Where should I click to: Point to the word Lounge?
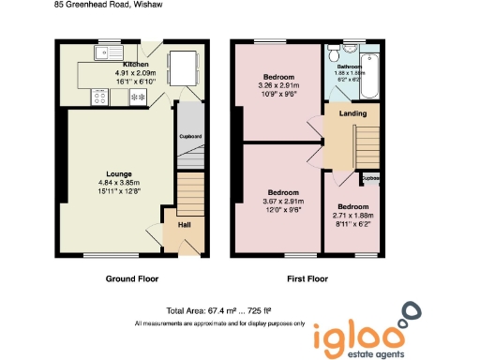(118, 172)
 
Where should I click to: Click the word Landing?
(352, 114)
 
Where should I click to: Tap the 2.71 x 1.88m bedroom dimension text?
(352, 216)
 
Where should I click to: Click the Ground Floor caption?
(130, 278)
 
